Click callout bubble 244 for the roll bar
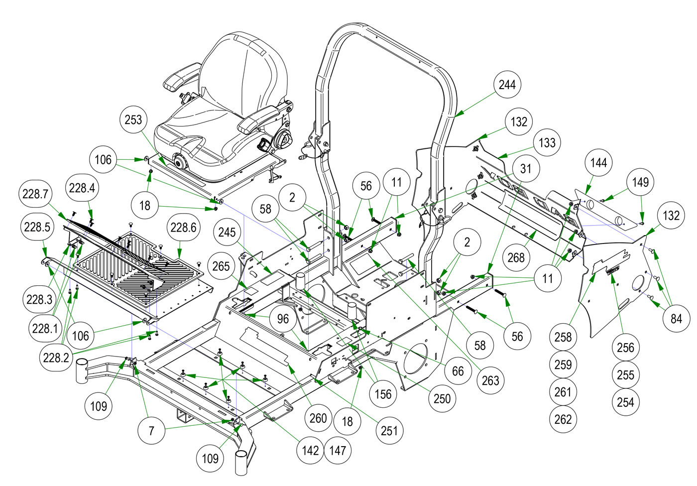(507, 85)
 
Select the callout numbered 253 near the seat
(133, 120)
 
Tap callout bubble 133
(547, 143)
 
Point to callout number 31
(526, 169)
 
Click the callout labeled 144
(598, 163)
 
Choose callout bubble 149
(641, 182)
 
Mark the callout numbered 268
(516, 257)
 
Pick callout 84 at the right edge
(676, 319)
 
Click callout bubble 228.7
(35, 194)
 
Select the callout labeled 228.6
(183, 228)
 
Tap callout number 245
(227, 232)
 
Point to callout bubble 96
(283, 319)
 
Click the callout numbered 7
(151, 431)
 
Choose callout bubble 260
(318, 418)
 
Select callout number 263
(490, 381)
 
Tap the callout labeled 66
(458, 371)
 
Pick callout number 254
(625, 402)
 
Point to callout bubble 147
(338, 451)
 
